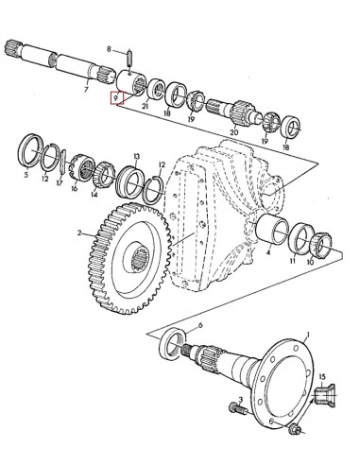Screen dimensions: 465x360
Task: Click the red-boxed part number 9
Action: (116, 98)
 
